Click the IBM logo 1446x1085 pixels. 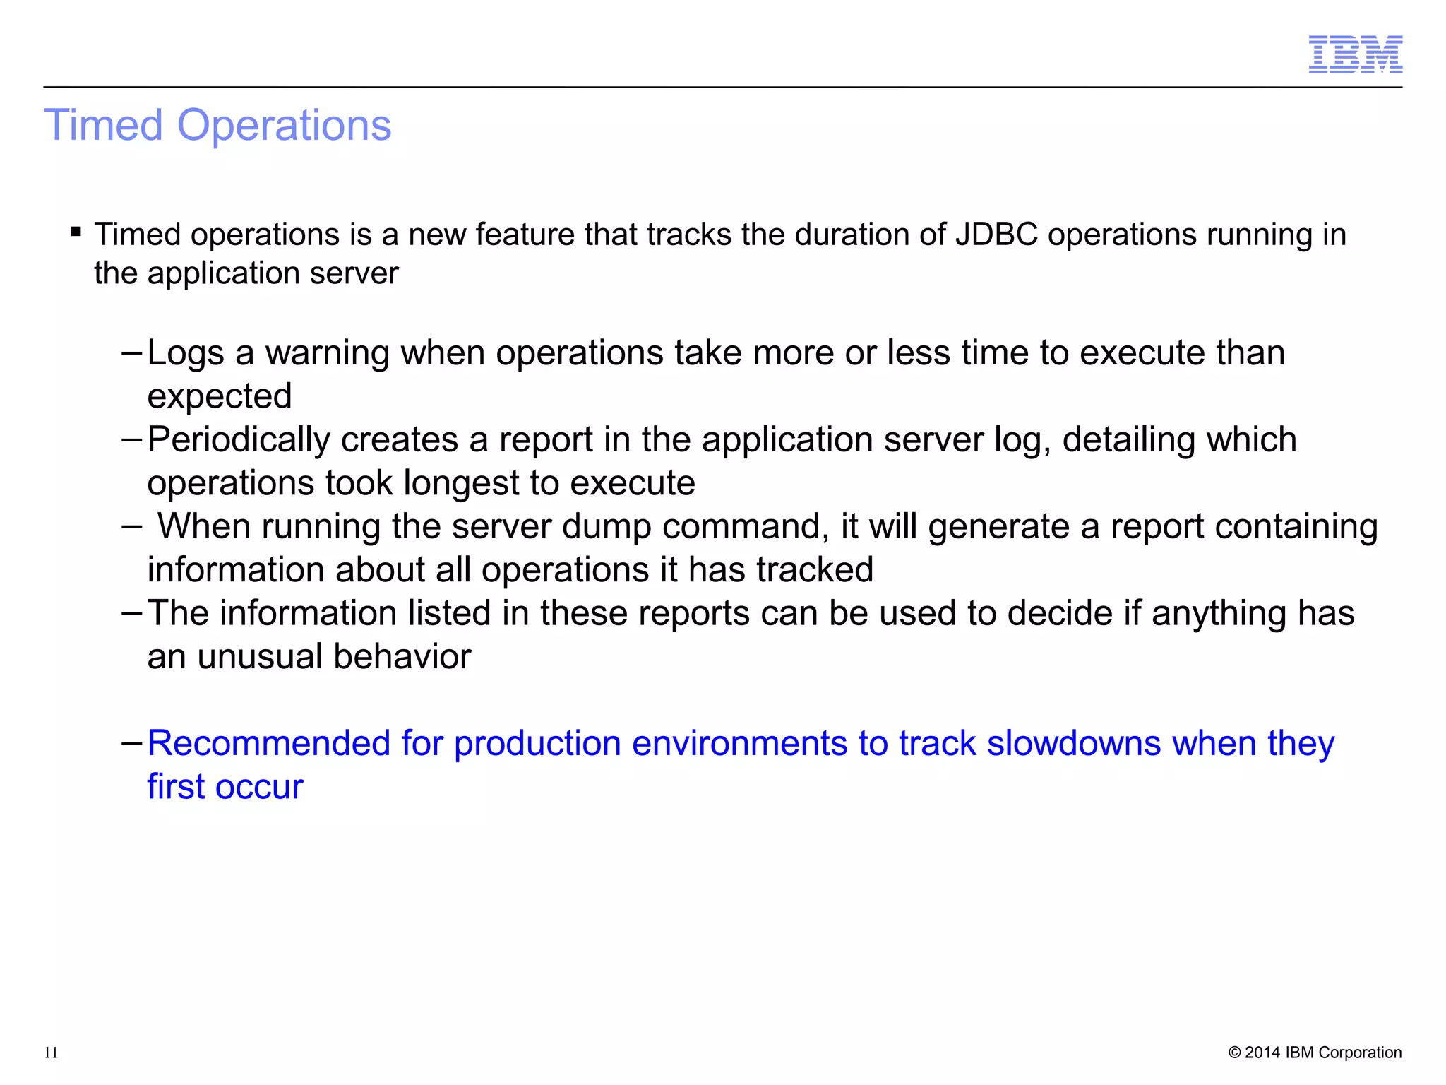tap(1355, 54)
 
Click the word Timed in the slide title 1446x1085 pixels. tap(104, 126)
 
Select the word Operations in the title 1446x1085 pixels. tap(284, 126)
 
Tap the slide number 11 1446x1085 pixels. tap(51, 1053)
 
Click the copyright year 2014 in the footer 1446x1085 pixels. tap(1263, 1053)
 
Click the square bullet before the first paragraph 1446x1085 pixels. tap(76, 231)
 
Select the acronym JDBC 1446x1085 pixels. tap(996, 235)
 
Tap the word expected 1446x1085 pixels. tap(220, 396)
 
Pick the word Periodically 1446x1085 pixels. tap(239, 440)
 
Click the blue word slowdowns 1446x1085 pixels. tap(1073, 743)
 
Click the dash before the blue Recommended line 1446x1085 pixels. tap(132, 743)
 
